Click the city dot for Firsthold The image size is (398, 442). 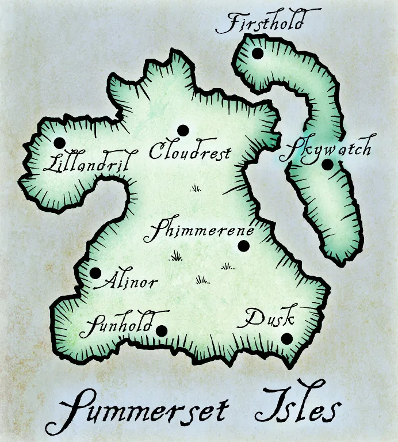(257, 54)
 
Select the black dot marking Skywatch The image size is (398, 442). (327, 165)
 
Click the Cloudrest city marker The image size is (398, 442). (183, 130)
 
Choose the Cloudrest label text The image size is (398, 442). (190, 151)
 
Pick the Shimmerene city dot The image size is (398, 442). (243, 246)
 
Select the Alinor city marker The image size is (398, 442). (95, 273)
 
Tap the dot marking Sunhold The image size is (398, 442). (162, 330)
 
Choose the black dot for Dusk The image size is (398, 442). (286, 338)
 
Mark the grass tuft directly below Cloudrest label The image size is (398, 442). (196, 188)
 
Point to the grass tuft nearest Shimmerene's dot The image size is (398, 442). (228, 266)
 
